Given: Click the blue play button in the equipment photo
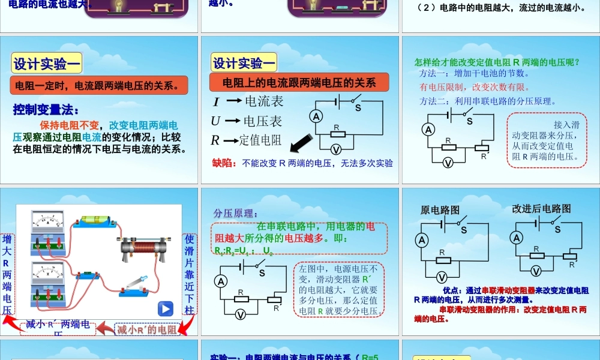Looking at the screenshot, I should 165,309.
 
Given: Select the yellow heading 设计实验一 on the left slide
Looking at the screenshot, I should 47,63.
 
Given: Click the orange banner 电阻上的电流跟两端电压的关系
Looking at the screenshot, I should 299,82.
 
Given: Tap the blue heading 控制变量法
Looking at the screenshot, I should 46,110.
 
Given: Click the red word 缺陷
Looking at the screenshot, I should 224,163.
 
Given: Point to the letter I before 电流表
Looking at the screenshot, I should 216,101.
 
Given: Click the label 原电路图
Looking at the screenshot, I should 440,210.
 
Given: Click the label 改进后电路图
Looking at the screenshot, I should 541,209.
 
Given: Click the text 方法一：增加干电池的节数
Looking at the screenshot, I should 474,73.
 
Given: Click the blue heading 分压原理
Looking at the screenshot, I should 236,213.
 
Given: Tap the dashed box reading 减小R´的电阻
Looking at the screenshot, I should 147,329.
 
